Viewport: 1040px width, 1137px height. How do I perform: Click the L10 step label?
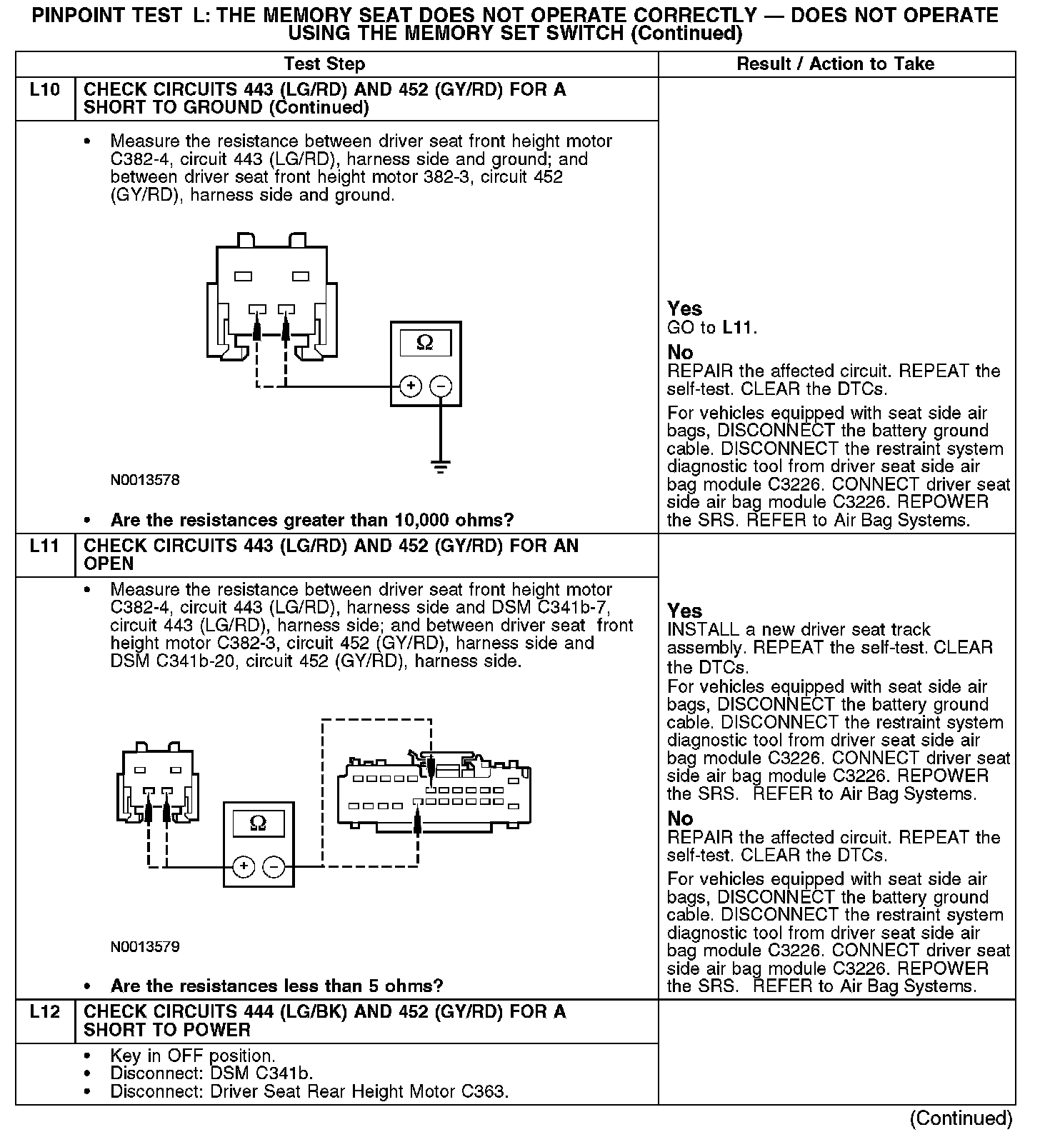pos(44,91)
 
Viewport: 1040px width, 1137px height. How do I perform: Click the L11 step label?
pos(44,546)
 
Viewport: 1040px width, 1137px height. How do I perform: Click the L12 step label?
pos(44,1012)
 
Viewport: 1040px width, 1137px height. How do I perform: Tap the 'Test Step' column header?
pos(324,64)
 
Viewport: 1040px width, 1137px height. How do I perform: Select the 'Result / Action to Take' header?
pos(835,64)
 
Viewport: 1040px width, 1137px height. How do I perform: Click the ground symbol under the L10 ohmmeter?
pos(441,467)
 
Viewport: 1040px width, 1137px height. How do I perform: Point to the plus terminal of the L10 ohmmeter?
pos(411,386)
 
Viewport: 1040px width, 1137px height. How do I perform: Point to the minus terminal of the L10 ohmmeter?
pos(441,386)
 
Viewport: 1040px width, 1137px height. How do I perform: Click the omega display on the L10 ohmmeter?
pos(425,343)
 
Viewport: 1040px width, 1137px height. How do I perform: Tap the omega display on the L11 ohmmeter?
pos(259,823)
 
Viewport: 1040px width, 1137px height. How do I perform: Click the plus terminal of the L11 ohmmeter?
pos(244,866)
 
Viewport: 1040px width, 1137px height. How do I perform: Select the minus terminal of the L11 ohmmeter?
pos(274,866)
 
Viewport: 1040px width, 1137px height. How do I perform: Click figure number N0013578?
pos(145,480)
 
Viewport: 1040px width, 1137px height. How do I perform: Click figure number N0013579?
pos(145,947)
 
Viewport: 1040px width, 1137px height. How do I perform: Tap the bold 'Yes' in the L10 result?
pos(684,309)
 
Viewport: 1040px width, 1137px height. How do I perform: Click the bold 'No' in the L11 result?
pos(680,818)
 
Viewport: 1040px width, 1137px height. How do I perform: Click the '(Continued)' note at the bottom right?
pos(961,1118)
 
